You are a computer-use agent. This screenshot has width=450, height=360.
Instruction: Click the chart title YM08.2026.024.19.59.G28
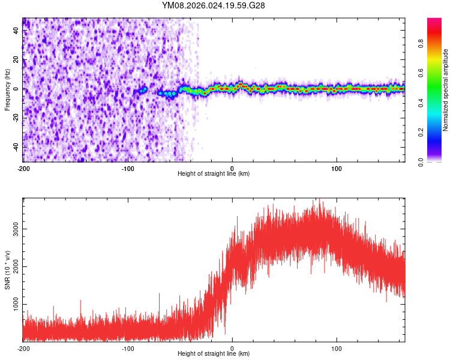coord(214,5)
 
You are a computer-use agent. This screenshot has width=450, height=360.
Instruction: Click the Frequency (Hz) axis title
coord(7,89)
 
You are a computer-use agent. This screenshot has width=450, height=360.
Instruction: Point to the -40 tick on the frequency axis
coord(16,147)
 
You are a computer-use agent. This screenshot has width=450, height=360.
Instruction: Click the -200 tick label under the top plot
coord(23,168)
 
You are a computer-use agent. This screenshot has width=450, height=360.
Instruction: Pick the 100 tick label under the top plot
coord(337,168)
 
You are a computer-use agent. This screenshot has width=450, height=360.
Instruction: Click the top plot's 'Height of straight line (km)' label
coord(214,174)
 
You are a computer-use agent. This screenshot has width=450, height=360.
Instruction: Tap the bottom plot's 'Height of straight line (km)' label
coord(214,353)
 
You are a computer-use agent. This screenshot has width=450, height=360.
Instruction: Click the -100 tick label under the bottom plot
coord(127,348)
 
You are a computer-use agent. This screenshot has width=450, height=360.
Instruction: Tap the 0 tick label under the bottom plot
coord(232,348)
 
